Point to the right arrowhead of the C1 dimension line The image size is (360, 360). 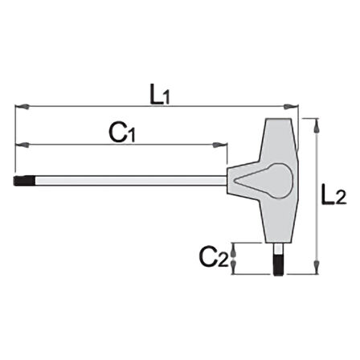coord(221,145)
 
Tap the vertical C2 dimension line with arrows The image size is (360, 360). coord(234,257)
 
